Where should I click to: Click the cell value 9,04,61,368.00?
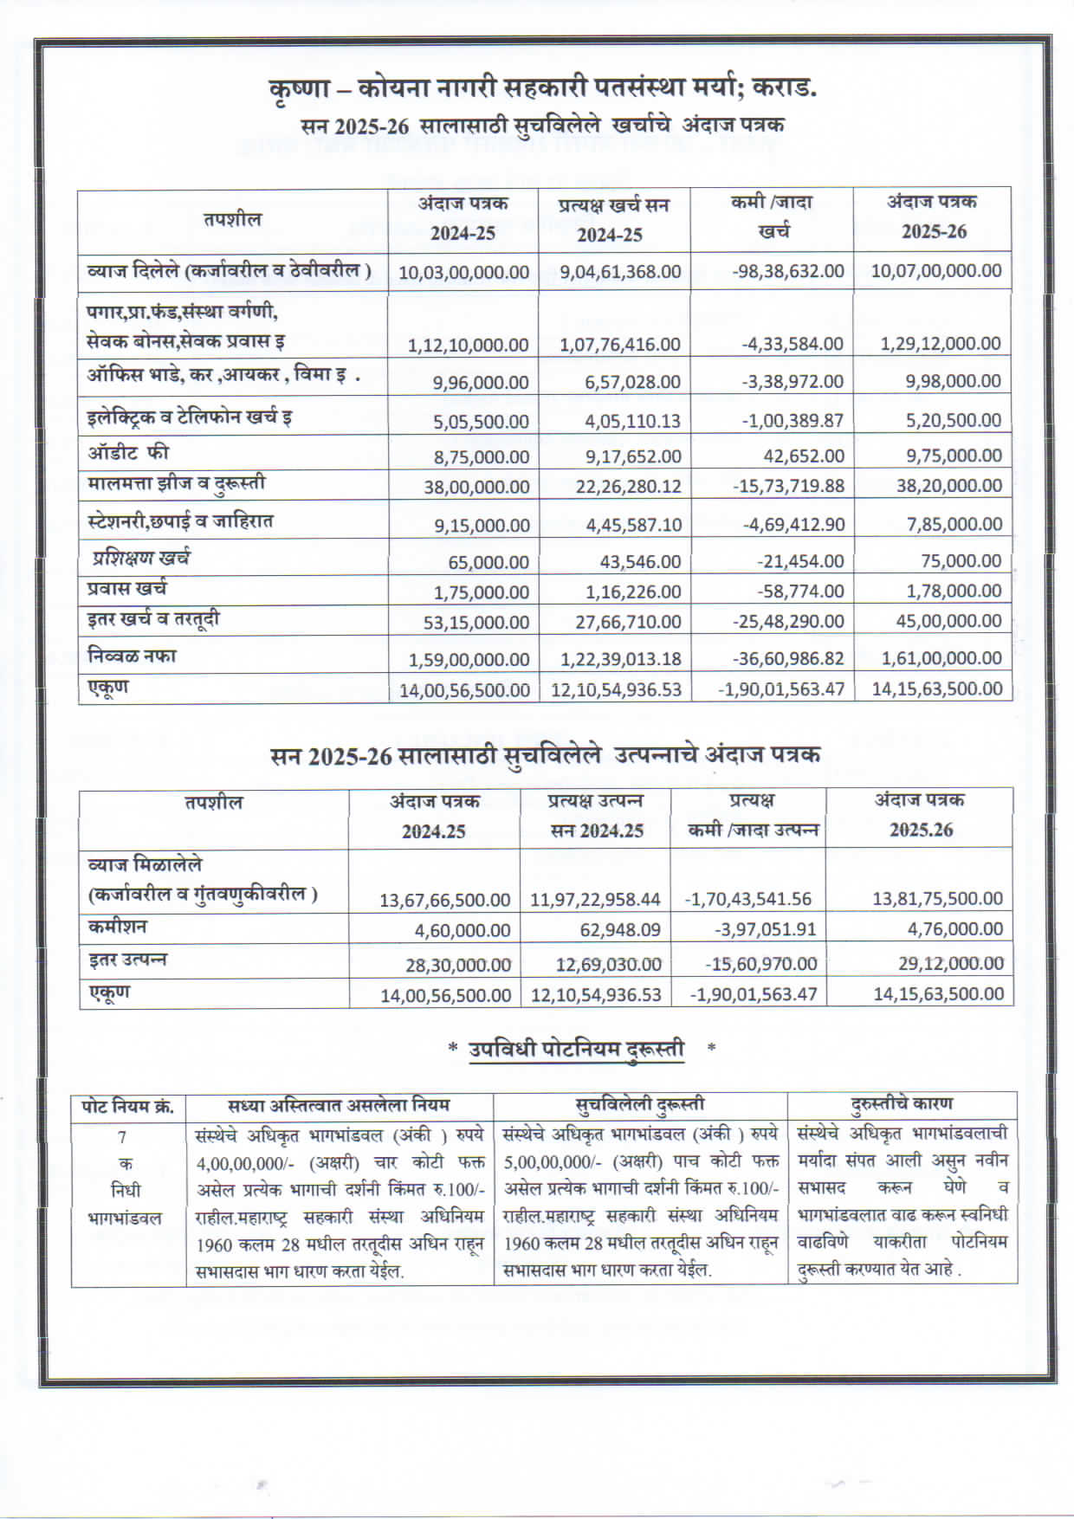coord(620,272)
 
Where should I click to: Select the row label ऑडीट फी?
coord(127,452)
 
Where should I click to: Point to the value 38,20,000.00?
coord(948,486)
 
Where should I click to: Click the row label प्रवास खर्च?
coord(126,589)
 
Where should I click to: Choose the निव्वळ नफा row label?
coord(131,656)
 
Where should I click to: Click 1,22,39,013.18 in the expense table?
coord(620,659)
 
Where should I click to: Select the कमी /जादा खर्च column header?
coord(772,217)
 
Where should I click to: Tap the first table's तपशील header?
coord(232,220)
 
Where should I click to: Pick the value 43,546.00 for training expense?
coord(640,562)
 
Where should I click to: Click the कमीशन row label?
coord(117,927)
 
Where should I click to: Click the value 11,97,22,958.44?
coord(595,900)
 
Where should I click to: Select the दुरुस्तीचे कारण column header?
coord(902,1104)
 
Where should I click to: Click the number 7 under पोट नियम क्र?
coord(122,1136)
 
